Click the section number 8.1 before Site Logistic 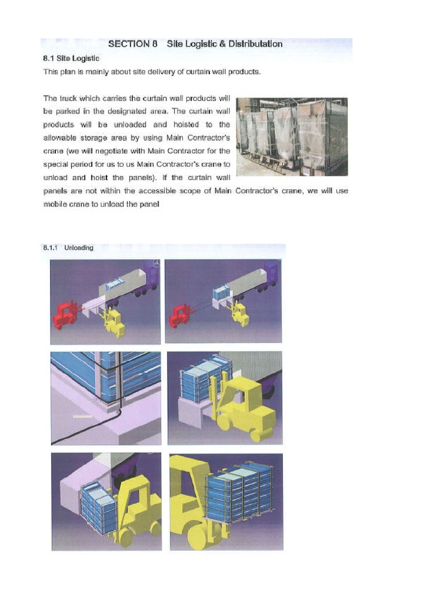[x=48, y=58]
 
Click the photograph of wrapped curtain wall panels [x=292, y=136]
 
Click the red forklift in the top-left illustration [x=64, y=315]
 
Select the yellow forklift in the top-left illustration [x=113, y=322]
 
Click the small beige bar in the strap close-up [x=82, y=417]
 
